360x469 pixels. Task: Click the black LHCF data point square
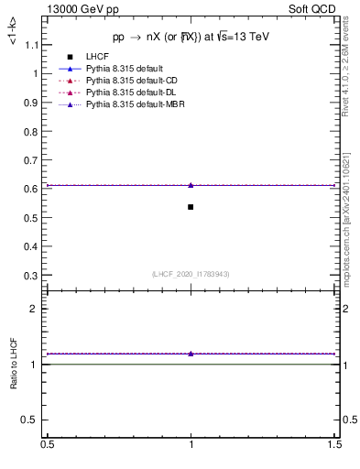191,207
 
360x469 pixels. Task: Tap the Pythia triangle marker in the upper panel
191,185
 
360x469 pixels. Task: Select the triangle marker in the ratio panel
191,354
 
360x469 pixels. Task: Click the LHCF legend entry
98,58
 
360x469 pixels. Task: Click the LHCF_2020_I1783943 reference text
191,274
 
